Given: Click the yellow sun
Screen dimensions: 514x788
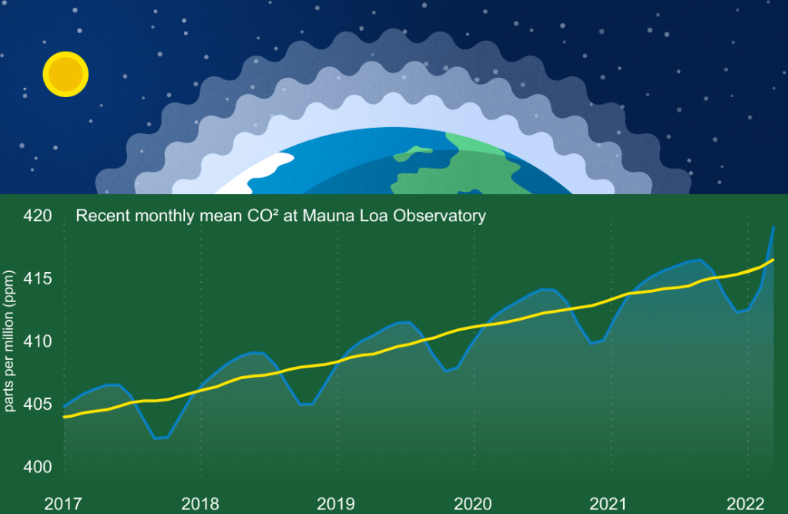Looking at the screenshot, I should click(65, 74).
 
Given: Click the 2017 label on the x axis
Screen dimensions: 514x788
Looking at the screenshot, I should click(63, 504).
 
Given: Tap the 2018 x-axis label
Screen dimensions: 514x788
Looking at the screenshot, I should click(200, 504).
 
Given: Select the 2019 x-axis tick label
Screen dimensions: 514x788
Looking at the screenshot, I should click(337, 504).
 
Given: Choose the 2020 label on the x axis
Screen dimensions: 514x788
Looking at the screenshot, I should click(473, 504).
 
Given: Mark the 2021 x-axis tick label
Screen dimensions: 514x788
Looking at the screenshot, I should click(609, 504).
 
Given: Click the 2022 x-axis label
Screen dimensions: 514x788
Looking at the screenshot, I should click(746, 504).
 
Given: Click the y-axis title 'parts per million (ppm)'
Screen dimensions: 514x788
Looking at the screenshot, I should click(10, 340).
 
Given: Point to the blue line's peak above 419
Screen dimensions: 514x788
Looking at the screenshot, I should click(773, 227).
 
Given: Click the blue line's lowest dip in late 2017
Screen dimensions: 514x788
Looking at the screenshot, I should click(159, 438).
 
